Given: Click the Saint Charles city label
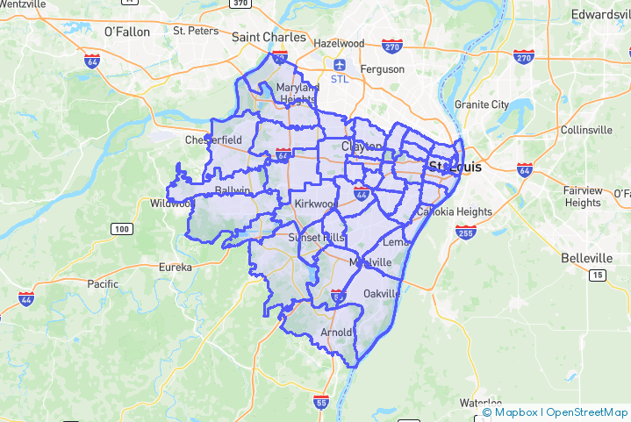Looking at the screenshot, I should point(269,37).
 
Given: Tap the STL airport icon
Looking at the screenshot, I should point(339,64).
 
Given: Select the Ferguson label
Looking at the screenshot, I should point(383,68).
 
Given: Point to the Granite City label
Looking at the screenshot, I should point(481,104).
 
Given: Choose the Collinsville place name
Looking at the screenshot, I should point(586,130).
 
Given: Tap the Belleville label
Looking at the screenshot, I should point(587,258).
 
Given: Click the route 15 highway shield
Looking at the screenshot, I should point(598,275).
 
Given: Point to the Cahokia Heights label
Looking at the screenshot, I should point(454,211).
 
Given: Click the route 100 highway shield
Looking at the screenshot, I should point(122,229).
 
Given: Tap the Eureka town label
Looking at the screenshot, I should point(175,267).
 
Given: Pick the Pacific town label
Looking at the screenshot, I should point(103,283).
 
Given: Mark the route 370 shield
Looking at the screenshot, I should point(240,4).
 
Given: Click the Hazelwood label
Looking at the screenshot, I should point(339,43).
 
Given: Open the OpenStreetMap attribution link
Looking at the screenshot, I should point(586,412).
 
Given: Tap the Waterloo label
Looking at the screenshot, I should point(480,403).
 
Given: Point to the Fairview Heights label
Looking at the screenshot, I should point(583,197).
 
